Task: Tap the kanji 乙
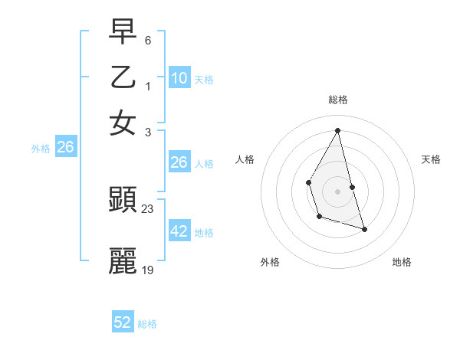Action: pyautogui.click(x=123, y=77)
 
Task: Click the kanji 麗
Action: pyautogui.click(x=123, y=261)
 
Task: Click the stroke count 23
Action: pyautogui.click(x=148, y=209)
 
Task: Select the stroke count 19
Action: pyautogui.click(x=148, y=270)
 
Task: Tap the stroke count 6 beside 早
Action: pyautogui.click(x=147, y=40)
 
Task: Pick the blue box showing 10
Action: pyautogui.click(x=179, y=78)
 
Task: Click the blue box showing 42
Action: pyautogui.click(x=179, y=231)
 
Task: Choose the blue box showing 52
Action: pyautogui.click(x=123, y=322)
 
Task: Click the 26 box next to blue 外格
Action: pyautogui.click(x=65, y=148)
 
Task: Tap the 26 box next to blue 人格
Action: pyautogui.click(x=179, y=162)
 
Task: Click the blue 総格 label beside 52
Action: pyautogui.click(x=147, y=324)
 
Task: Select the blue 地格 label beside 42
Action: pyautogui.click(x=204, y=233)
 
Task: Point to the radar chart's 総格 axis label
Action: pyautogui.click(x=337, y=100)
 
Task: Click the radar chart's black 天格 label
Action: pyautogui.click(x=431, y=159)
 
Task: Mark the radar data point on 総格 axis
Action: pyautogui.click(x=337, y=130)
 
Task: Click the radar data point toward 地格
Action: pyautogui.click(x=364, y=229)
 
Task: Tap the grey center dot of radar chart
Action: pyautogui.click(x=337, y=191)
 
